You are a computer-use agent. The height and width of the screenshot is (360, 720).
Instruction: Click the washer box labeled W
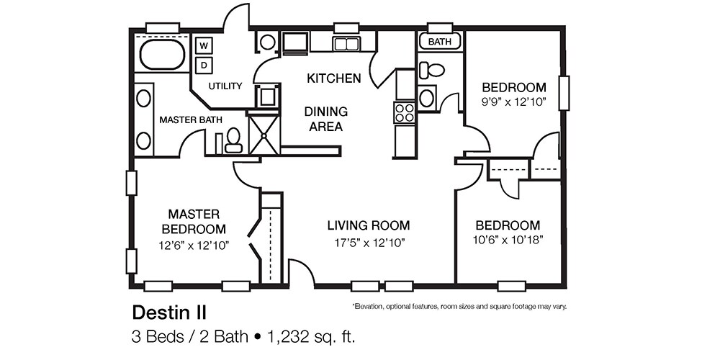point(204,46)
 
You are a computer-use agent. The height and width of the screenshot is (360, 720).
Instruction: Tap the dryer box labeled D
point(204,66)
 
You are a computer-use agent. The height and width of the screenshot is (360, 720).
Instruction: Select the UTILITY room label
point(225,86)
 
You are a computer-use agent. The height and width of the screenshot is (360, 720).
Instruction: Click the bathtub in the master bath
point(162,55)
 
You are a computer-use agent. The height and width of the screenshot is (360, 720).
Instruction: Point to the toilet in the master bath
point(233,140)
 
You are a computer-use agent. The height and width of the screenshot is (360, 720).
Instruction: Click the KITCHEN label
point(333,78)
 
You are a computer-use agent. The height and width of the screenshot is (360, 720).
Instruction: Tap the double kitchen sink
point(346,44)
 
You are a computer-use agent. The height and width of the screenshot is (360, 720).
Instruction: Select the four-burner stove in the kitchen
point(404,112)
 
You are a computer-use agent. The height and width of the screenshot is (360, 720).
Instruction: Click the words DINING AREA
point(325,119)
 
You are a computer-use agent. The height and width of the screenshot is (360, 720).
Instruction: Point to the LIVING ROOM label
point(368,225)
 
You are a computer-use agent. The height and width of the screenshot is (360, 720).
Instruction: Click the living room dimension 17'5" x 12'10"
point(368,243)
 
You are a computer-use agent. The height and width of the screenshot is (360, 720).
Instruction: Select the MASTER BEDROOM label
point(194,221)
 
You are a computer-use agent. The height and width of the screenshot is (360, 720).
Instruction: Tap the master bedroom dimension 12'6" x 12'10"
point(194,246)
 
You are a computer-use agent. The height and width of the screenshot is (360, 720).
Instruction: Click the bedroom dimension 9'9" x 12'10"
point(513,102)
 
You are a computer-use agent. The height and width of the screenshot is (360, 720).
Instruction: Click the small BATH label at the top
point(439,42)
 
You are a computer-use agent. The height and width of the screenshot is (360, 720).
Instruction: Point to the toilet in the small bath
point(433,71)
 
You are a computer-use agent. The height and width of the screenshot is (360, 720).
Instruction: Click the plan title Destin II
point(168,312)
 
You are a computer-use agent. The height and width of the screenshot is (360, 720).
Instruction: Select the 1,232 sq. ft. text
point(312,336)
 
